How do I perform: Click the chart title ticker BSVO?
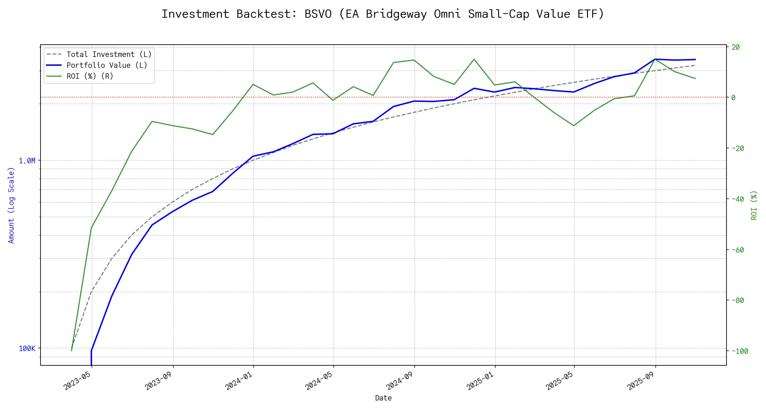(x=318, y=14)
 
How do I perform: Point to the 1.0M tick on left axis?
(x=27, y=161)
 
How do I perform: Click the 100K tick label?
(x=27, y=348)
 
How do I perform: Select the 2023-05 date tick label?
(x=78, y=380)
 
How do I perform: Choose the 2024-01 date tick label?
(x=239, y=380)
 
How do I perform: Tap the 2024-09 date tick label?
(x=400, y=380)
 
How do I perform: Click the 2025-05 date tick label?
(x=560, y=380)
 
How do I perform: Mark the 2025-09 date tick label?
(x=642, y=380)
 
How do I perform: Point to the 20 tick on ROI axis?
(x=736, y=47)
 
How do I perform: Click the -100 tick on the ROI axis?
(x=738, y=351)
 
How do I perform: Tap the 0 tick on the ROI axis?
(x=733, y=97)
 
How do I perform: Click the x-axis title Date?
(x=383, y=398)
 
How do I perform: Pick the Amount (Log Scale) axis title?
(x=11, y=205)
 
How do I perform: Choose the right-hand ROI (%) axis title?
(x=754, y=205)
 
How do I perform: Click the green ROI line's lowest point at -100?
(x=71, y=350)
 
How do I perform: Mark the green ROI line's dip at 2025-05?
(x=574, y=126)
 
